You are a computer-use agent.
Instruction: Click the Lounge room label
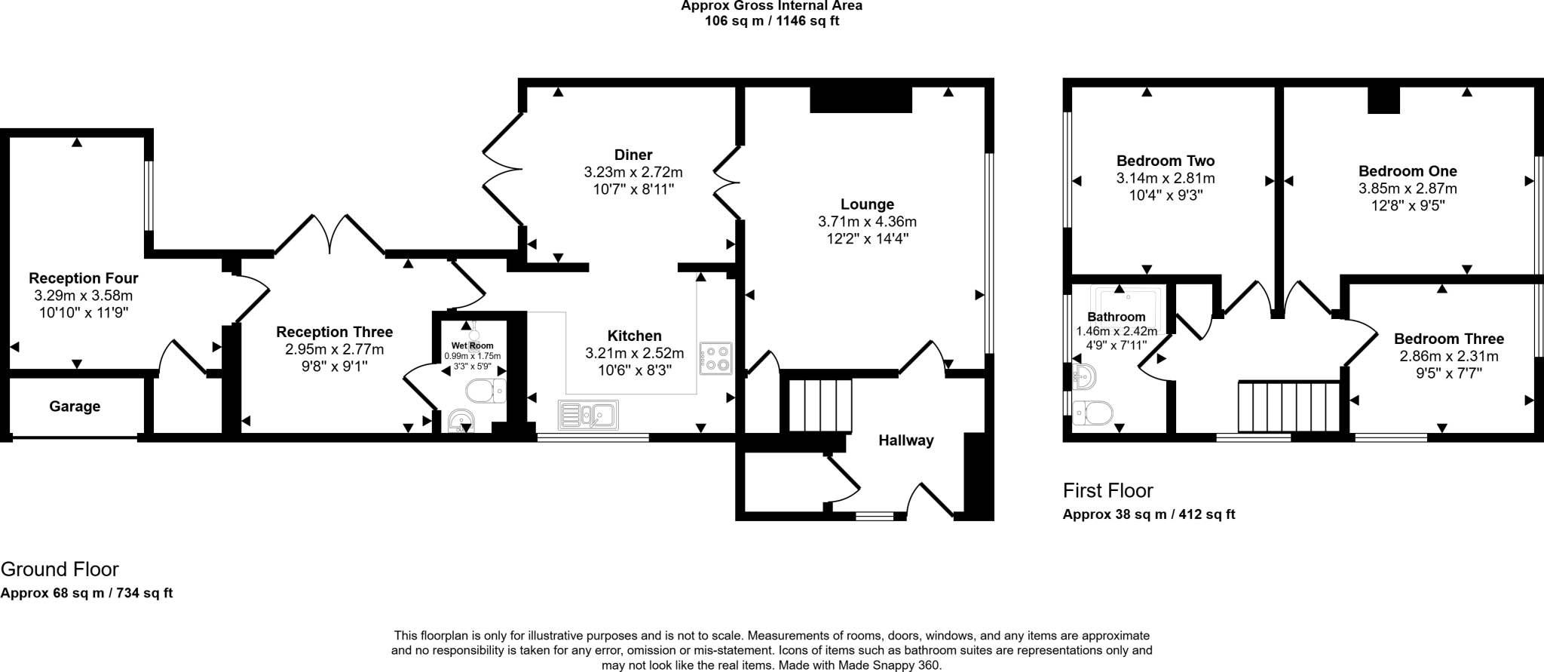[x=867, y=204]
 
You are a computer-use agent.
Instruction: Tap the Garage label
[x=75, y=407]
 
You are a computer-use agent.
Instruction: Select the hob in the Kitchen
[x=715, y=358]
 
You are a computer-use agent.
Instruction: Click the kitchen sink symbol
[x=588, y=414]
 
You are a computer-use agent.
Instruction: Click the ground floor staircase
[x=820, y=406]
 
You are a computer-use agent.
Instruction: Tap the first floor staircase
[x=1288, y=407]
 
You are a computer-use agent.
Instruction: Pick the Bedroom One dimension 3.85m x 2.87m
[x=1408, y=189]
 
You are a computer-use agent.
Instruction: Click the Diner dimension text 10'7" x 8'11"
[x=633, y=189]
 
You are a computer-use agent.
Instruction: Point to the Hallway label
[x=905, y=440]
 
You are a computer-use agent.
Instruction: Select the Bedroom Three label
[x=1448, y=339]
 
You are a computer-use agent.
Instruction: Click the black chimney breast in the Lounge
[x=861, y=100]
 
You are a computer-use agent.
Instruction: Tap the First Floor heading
[x=1107, y=491]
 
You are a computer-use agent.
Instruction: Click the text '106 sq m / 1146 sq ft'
[x=771, y=21]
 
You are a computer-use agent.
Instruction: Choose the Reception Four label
[x=83, y=278]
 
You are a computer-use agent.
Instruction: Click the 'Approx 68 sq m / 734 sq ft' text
[x=87, y=593]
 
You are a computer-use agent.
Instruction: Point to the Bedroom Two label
[x=1165, y=161]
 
